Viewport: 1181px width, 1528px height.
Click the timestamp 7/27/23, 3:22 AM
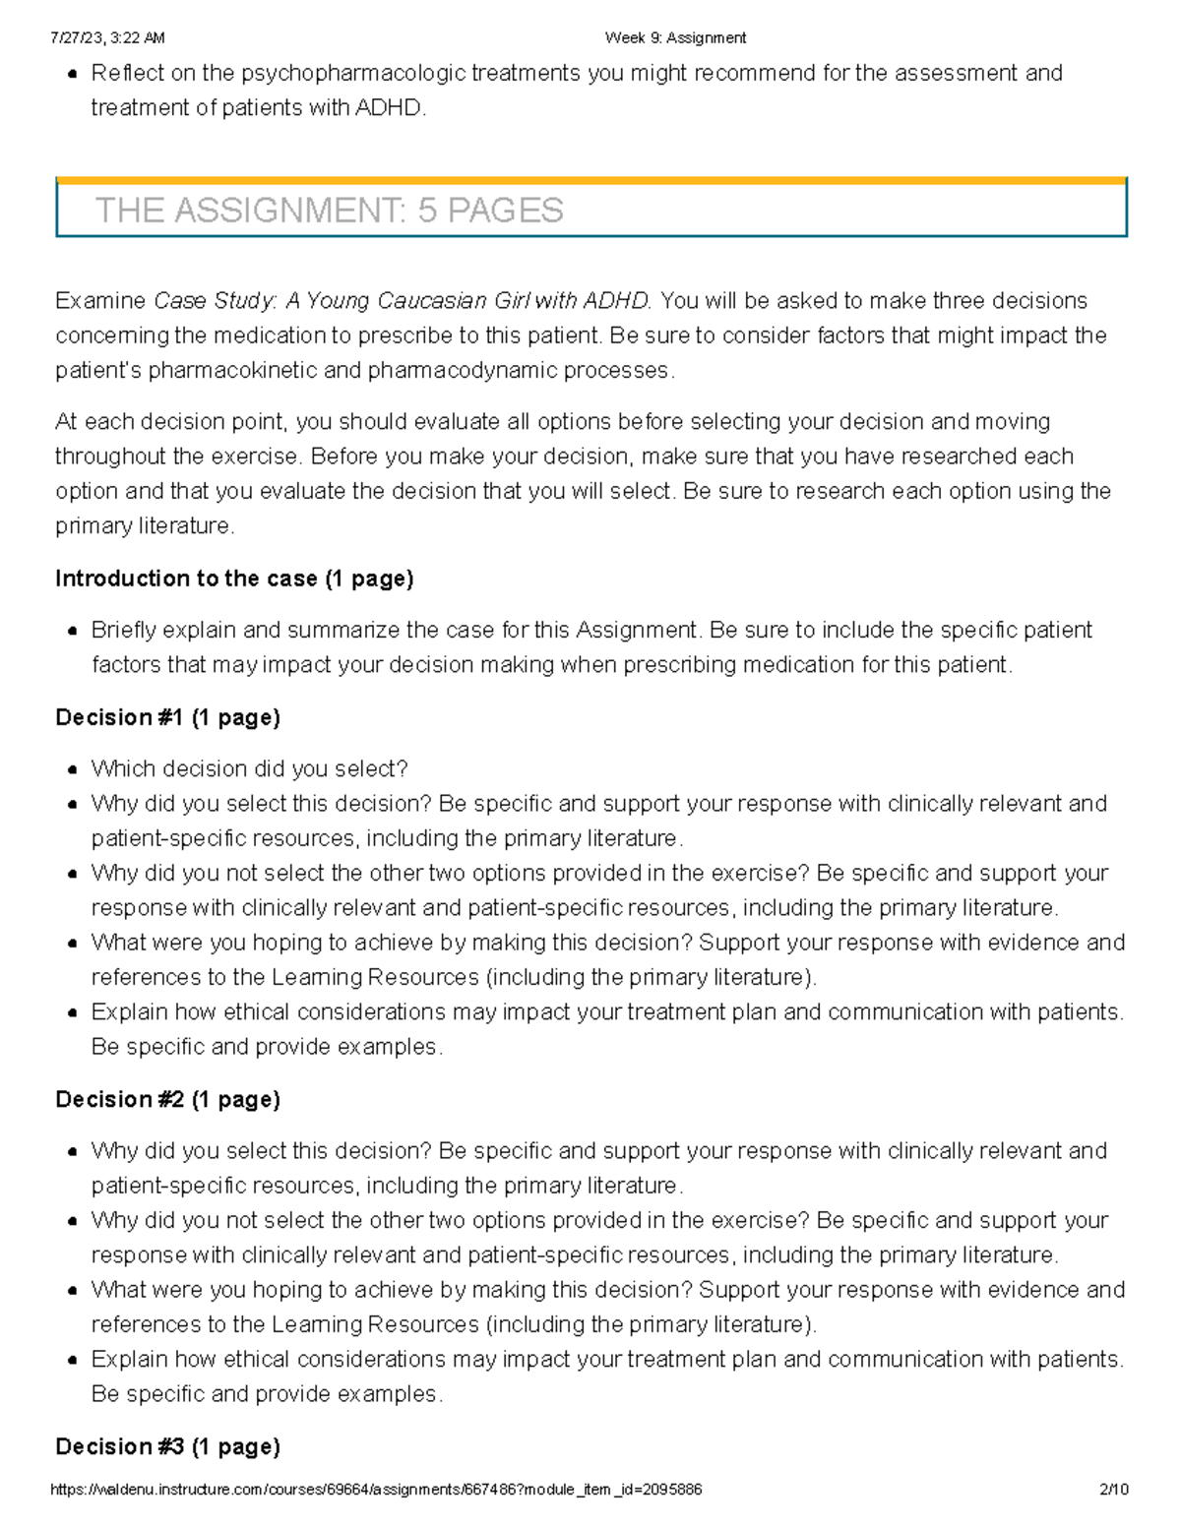click(x=107, y=38)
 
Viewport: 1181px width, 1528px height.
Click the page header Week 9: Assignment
click(x=675, y=38)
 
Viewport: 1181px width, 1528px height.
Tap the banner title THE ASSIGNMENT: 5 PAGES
click(x=329, y=211)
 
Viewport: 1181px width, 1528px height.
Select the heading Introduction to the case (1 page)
click(x=234, y=579)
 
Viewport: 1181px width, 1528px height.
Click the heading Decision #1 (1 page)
click(x=167, y=717)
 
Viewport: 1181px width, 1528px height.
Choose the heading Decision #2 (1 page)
click(x=167, y=1099)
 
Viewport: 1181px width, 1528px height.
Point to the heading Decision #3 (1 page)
click(x=167, y=1446)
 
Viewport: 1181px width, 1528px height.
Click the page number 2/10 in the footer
click(x=1113, y=1490)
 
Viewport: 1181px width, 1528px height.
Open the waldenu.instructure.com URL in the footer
click(x=376, y=1490)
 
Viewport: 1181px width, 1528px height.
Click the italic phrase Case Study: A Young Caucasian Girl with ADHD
click(x=403, y=300)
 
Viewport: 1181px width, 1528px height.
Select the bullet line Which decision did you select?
click(x=249, y=768)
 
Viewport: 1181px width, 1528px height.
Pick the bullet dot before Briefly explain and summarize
click(x=73, y=632)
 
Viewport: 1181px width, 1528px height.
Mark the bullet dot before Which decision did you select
click(x=73, y=770)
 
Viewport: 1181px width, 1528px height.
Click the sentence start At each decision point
click(x=170, y=421)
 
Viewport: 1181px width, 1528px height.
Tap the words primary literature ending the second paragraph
click(x=144, y=525)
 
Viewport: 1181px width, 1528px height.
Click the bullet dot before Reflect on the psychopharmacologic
click(x=73, y=75)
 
